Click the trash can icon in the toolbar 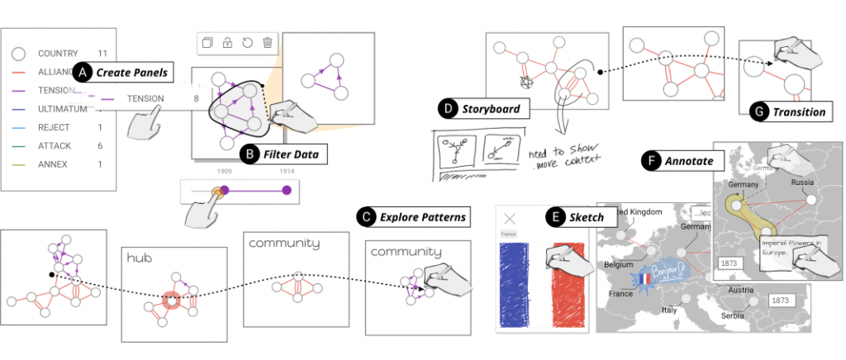tap(267, 42)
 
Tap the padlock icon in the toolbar tap(227, 42)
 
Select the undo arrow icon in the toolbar tap(247, 42)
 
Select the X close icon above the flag tap(510, 219)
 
